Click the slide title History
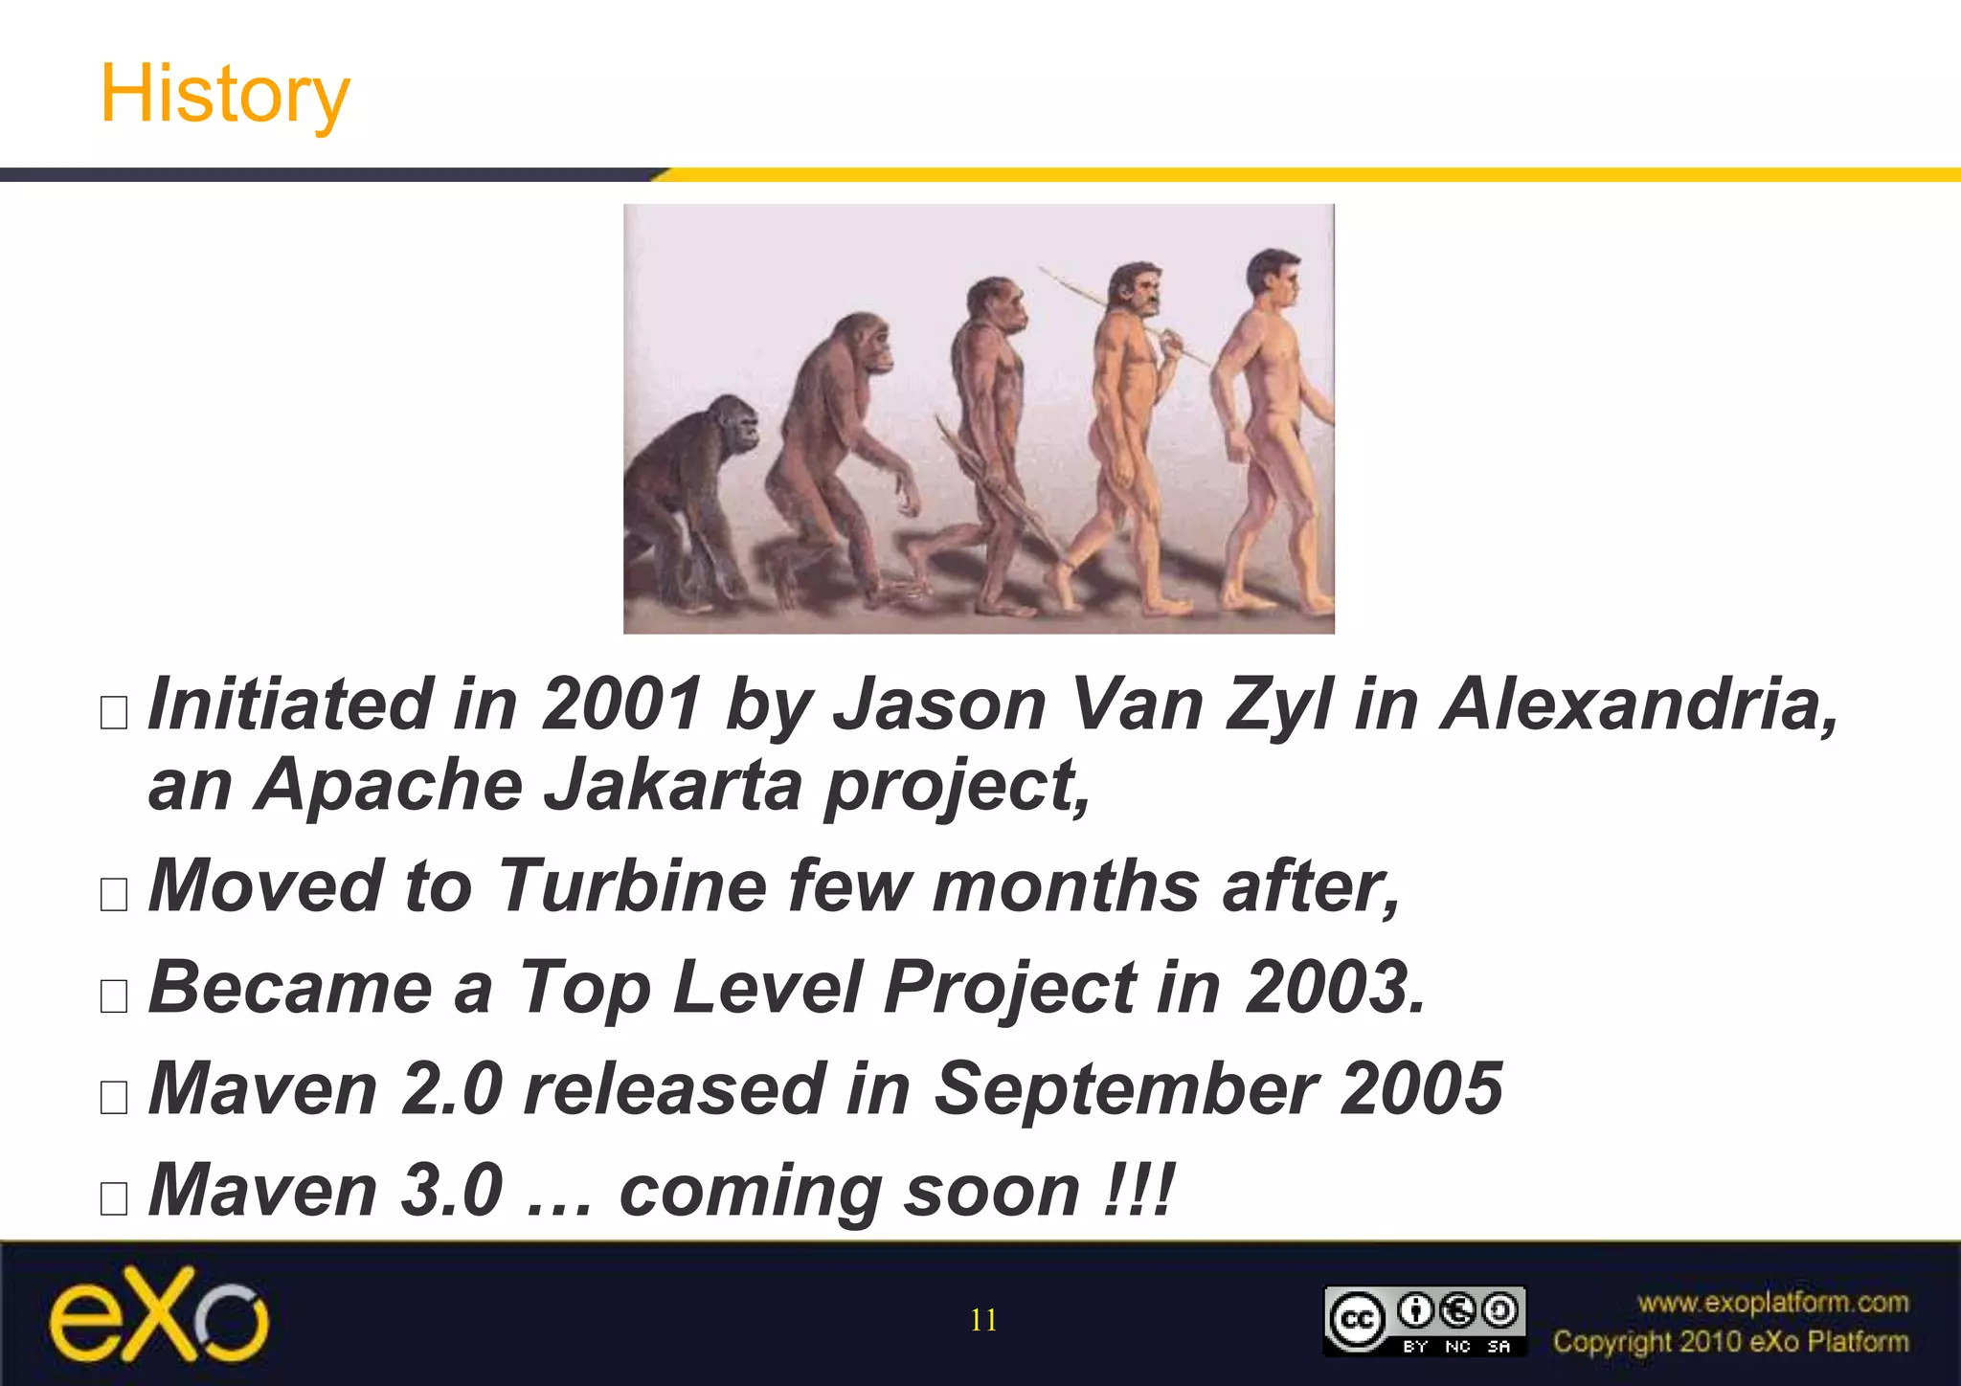coord(225,94)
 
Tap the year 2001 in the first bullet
coord(621,704)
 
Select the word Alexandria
coord(1639,704)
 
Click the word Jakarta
coord(672,785)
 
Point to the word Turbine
coord(632,885)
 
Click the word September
coord(1124,1088)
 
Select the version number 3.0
coord(451,1190)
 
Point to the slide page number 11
coord(983,1321)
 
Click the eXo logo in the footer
coord(159,1316)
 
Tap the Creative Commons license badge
coord(1424,1321)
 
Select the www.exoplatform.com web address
coord(1772,1303)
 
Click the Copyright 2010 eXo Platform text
coord(1730,1342)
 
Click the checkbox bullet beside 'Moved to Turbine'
coord(114,894)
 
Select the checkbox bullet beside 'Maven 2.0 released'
coord(114,1097)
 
